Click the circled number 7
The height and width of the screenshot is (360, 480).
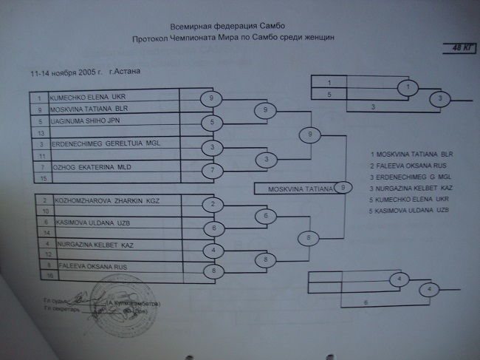(x=211, y=171)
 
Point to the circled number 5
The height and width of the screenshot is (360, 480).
(x=211, y=123)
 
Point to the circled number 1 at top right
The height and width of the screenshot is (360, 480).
(x=405, y=86)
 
